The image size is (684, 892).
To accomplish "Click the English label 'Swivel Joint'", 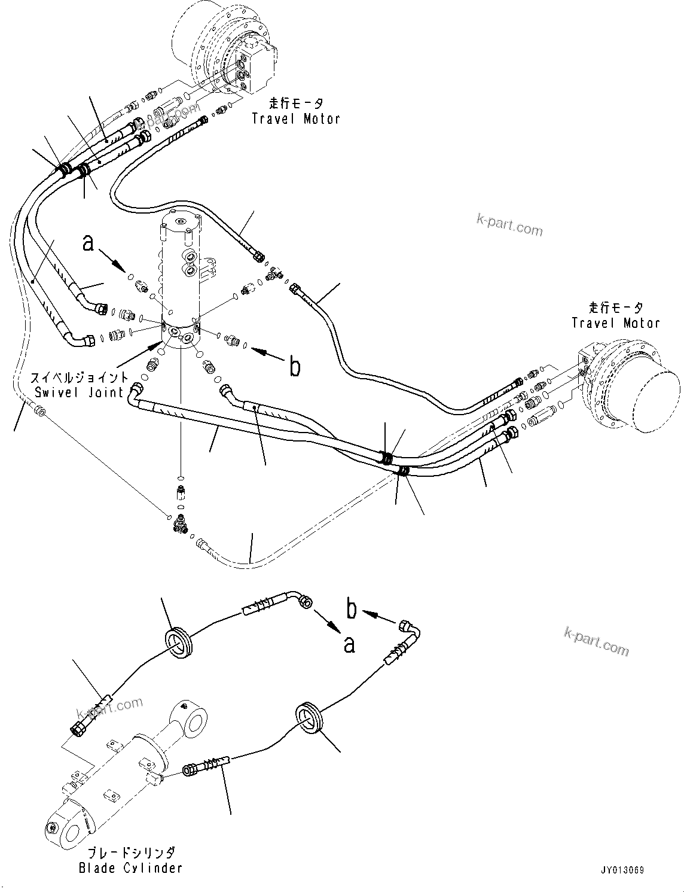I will tap(79, 392).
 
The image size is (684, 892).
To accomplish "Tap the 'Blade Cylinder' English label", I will tap(130, 867).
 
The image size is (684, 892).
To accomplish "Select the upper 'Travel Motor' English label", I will tap(296, 118).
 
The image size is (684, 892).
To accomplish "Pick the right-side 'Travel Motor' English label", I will tap(616, 323).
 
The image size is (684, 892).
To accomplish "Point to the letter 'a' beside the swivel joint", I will tap(88, 243).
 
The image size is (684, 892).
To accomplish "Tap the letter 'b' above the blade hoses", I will tap(352, 608).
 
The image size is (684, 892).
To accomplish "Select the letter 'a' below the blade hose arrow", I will tap(349, 645).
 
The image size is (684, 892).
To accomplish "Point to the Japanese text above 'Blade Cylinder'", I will tap(130, 853).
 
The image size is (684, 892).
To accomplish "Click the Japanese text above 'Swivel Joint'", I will tap(79, 378).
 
